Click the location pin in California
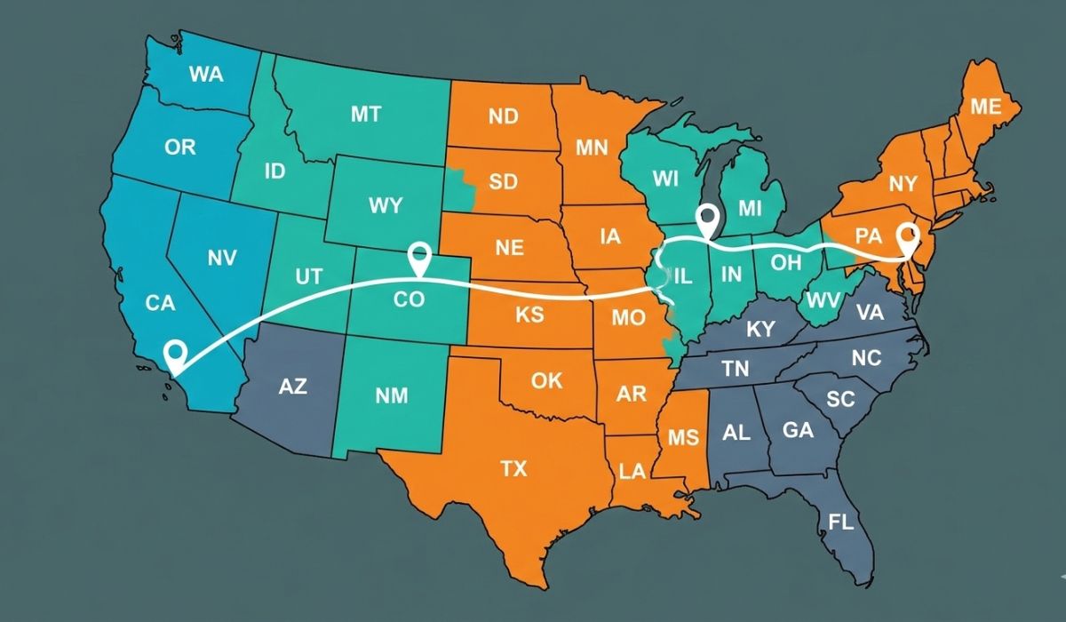[176, 355]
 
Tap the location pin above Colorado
[418, 258]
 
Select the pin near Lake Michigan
[707, 219]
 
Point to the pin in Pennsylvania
[908, 237]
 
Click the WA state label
[206, 75]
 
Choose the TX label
[513, 468]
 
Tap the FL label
[840, 521]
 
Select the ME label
[985, 108]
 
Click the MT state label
[365, 114]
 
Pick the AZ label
[292, 387]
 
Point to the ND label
[504, 116]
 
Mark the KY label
[760, 330]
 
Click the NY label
[902, 185]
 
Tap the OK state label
[546, 380]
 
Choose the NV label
[223, 259]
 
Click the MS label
[683, 437]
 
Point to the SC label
[839, 399]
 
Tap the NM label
[391, 395]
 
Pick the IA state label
[610, 236]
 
